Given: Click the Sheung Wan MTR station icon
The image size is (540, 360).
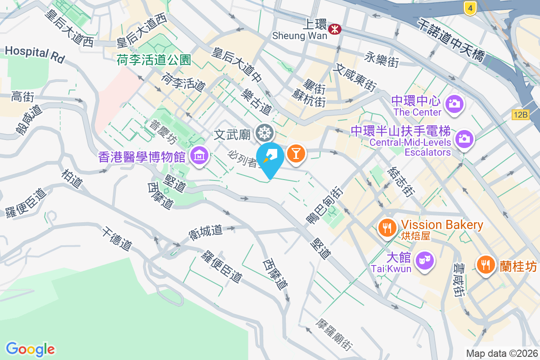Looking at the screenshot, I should point(334,30).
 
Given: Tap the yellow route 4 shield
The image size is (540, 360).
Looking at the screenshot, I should point(470,8).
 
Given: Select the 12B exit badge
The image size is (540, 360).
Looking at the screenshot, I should point(520,115).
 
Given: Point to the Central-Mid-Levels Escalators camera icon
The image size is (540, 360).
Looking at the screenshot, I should point(464,138).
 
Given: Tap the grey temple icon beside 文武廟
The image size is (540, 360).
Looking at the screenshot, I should point(264,133).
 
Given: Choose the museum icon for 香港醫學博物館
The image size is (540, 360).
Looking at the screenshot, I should point(198,156).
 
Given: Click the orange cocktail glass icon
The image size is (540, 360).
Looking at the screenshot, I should point(296,153).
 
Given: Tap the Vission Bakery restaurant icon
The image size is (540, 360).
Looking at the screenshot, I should point(387,228).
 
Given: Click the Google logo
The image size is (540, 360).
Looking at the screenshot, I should point(30,349).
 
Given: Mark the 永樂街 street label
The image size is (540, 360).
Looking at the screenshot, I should point(382,59).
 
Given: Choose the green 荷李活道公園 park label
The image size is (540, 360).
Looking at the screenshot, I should point(154,59).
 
